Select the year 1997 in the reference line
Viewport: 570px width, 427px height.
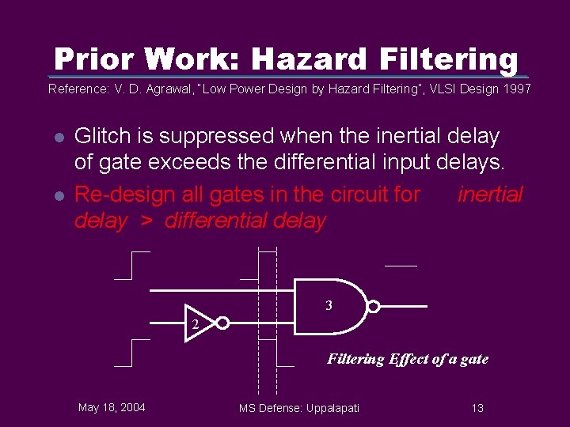pos(517,89)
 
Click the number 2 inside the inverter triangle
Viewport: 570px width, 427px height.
pos(194,325)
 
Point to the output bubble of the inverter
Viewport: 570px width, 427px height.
pos(223,323)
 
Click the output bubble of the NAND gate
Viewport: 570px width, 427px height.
pos(374,307)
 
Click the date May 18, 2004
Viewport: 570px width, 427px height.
pos(112,407)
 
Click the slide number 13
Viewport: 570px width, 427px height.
pos(477,408)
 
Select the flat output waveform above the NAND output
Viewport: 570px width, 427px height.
pos(401,266)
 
